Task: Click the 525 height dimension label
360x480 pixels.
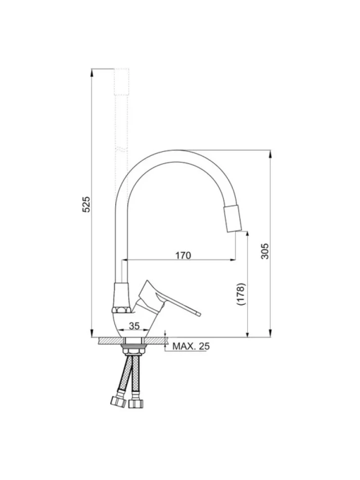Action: coord(87,204)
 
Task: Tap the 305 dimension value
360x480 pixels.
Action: coord(265,251)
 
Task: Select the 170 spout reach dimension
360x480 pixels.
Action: coord(183,255)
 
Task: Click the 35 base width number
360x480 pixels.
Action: coord(134,326)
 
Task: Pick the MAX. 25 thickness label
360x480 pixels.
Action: coord(191,346)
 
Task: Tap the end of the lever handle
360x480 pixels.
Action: coord(199,314)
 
